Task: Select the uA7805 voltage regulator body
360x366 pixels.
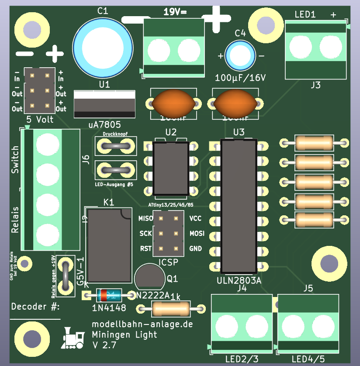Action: point(105,104)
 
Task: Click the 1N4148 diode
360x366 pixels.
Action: point(109,296)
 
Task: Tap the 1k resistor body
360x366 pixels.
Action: point(171,309)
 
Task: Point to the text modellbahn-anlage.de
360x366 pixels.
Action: point(142,325)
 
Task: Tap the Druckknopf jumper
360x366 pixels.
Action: point(116,145)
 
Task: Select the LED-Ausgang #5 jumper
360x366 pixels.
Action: point(116,169)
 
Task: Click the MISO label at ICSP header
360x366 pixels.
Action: point(145,218)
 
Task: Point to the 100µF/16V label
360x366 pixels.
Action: point(241,78)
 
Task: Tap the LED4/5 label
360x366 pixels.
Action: point(308,359)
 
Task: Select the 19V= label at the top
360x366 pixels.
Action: point(175,12)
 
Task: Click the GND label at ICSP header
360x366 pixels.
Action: point(195,249)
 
